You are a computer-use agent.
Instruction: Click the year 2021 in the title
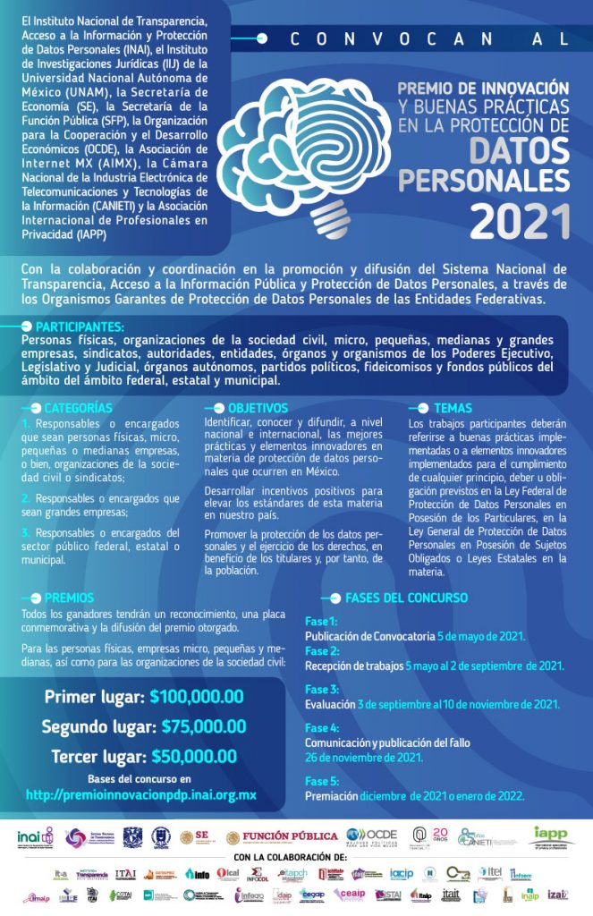[x=520, y=218]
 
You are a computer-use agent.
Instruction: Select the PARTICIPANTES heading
[x=80, y=327]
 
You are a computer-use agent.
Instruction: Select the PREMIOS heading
[x=68, y=597]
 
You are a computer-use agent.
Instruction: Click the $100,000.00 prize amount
[x=197, y=696]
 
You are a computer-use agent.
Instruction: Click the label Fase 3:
[x=322, y=690]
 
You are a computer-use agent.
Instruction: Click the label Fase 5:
[x=322, y=779]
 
